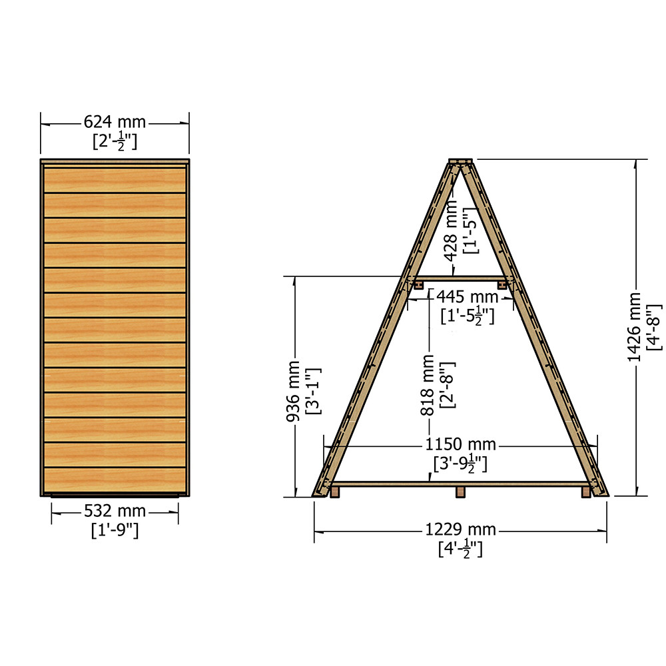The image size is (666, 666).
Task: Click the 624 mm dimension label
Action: click(x=115, y=123)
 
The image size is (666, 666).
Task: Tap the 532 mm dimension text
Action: click(x=115, y=511)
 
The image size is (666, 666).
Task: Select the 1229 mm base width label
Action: click(x=461, y=529)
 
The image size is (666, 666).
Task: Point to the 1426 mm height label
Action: click(x=634, y=327)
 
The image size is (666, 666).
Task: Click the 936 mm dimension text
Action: click(x=293, y=391)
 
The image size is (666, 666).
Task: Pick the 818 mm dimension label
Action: click(x=428, y=385)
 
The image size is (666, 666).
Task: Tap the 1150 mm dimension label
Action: click(x=461, y=445)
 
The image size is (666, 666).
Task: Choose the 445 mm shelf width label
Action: click(x=468, y=296)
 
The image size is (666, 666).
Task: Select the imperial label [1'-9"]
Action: click(x=115, y=530)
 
